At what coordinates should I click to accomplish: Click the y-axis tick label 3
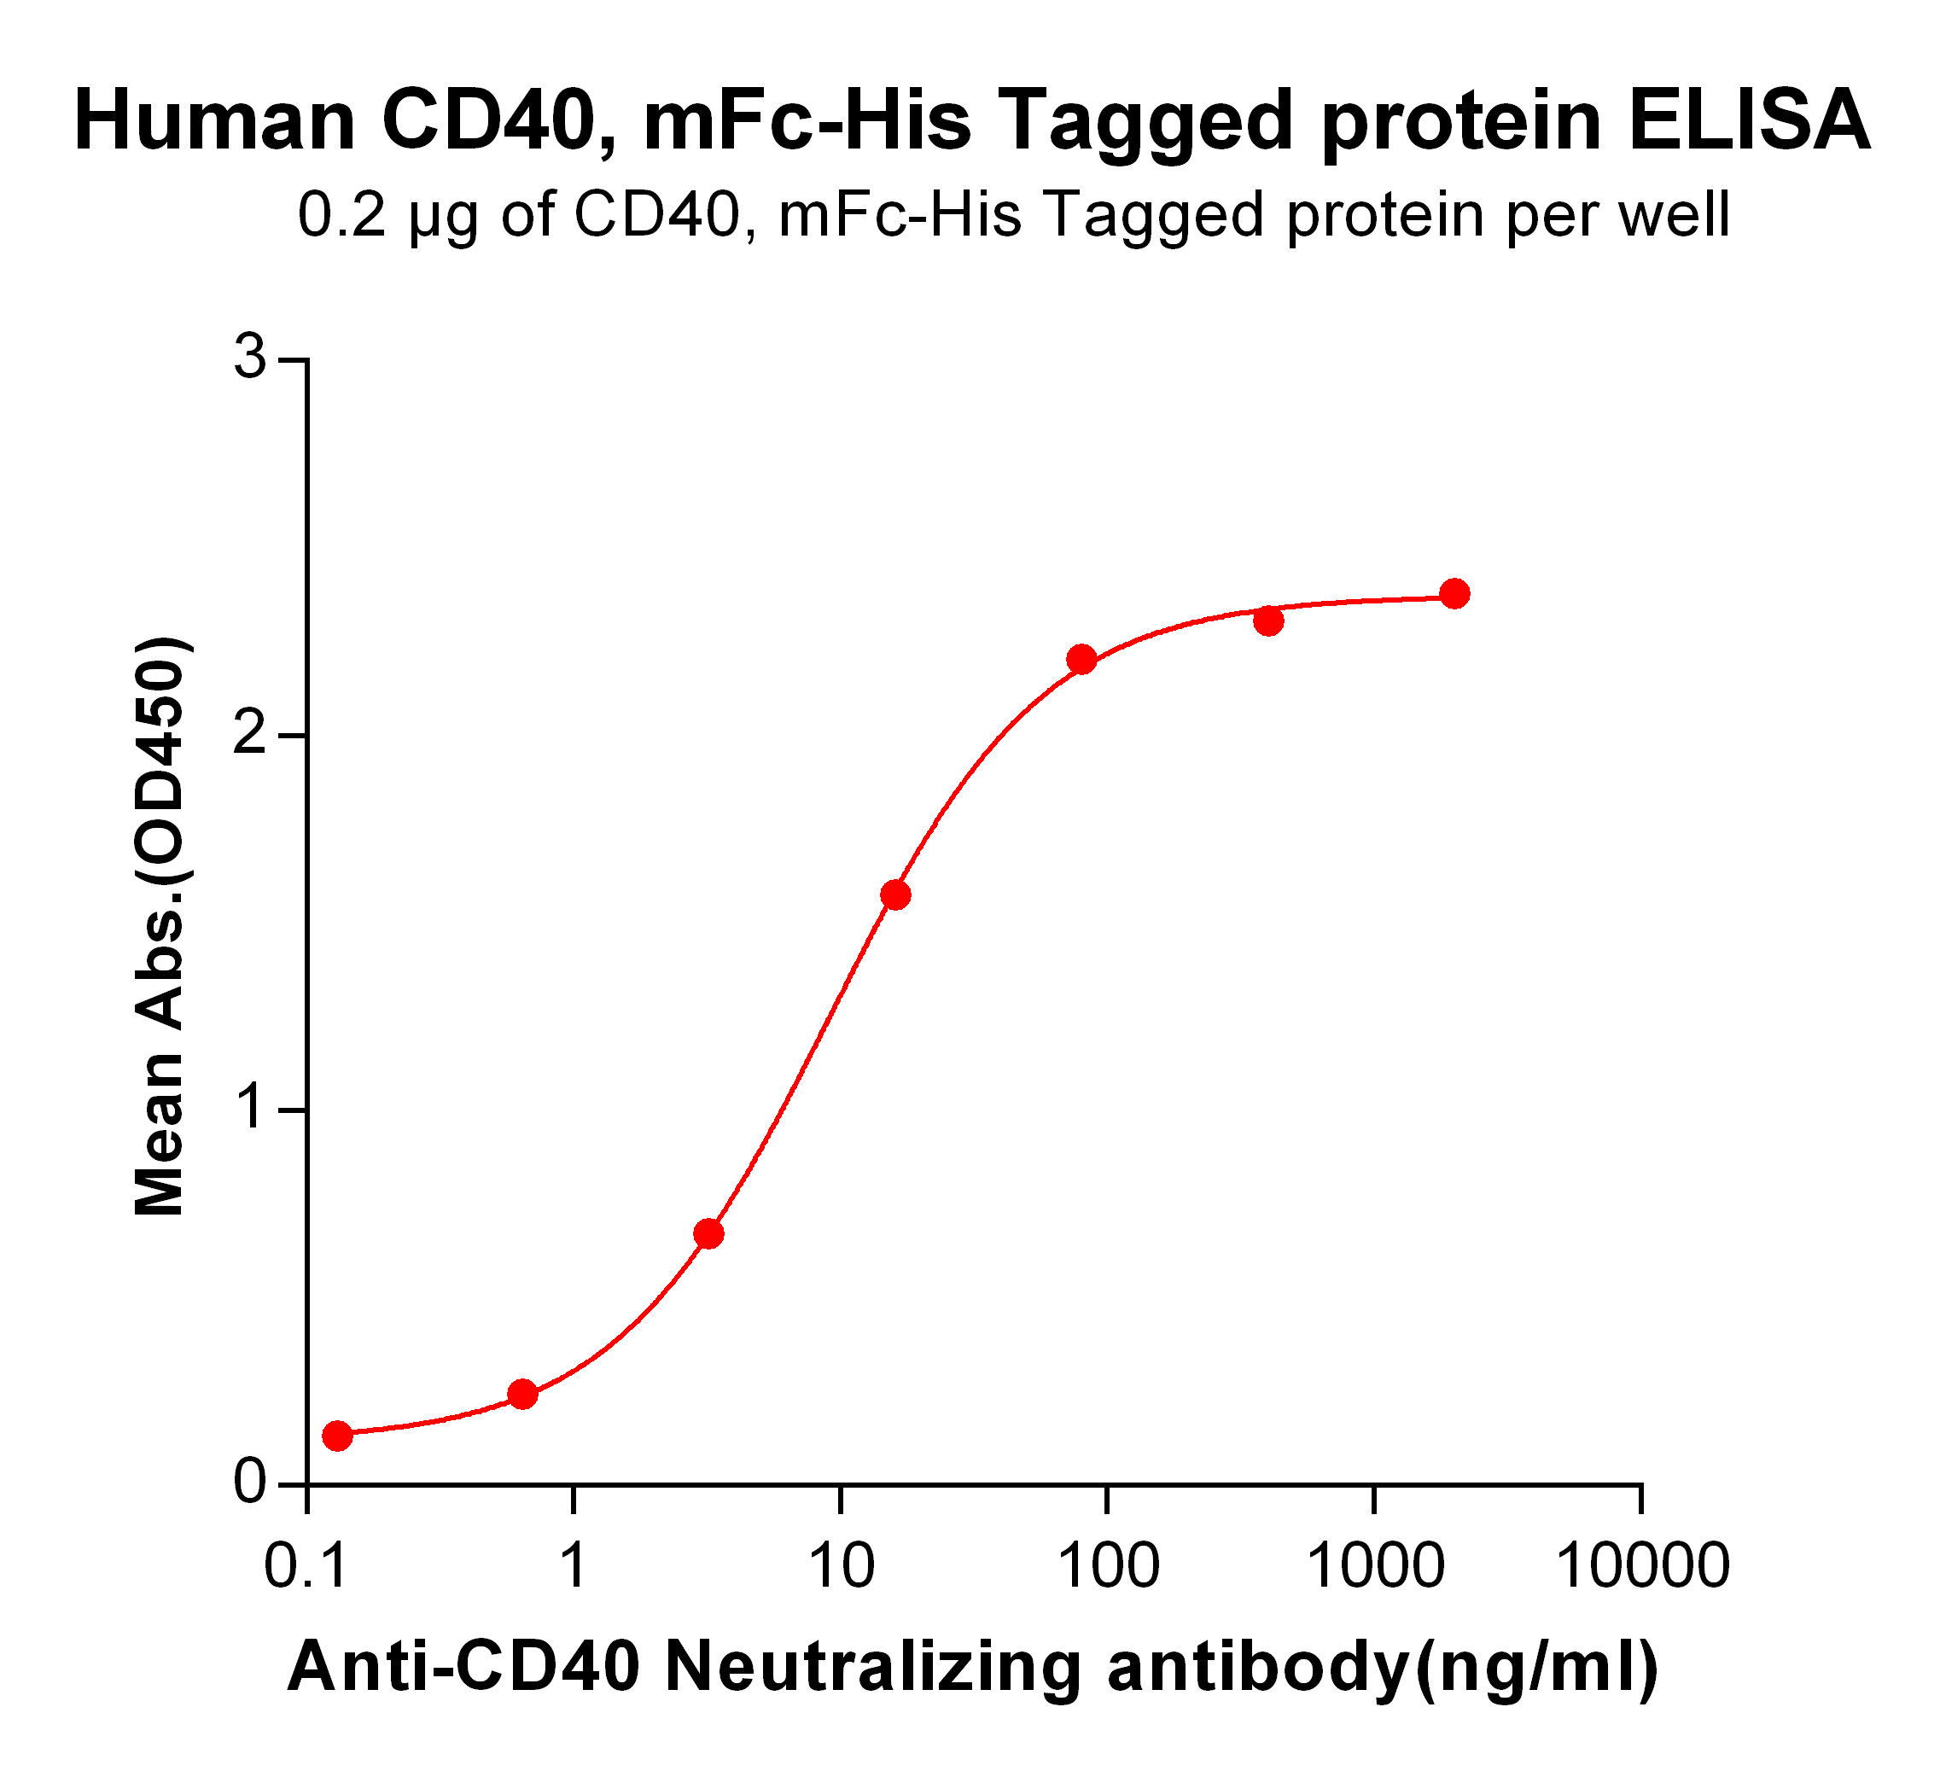coord(252,359)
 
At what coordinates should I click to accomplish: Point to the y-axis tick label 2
coord(252,735)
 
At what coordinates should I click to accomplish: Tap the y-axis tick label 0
coord(252,1482)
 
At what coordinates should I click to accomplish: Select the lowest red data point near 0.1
coord(337,1436)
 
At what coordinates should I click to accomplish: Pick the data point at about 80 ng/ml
coord(1081,661)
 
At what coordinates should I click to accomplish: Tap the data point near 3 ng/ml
coord(708,1233)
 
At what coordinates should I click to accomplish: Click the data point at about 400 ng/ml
coord(1268,620)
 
